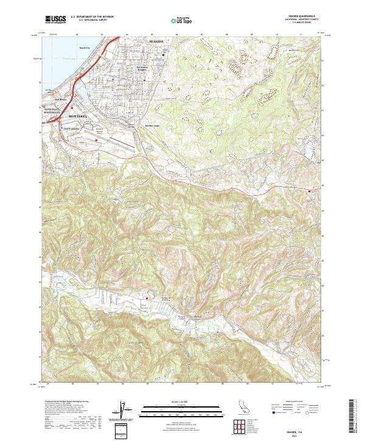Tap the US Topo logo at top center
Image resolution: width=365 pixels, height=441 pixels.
point(182,21)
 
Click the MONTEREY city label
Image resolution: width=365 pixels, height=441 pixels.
point(79,115)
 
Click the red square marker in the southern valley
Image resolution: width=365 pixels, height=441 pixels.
point(147,297)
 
